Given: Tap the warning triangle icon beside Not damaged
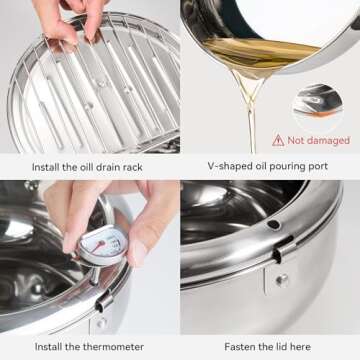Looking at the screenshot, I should point(278,140).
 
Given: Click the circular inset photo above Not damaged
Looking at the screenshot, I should point(319,103).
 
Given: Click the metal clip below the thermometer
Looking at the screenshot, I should point(103,300).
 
